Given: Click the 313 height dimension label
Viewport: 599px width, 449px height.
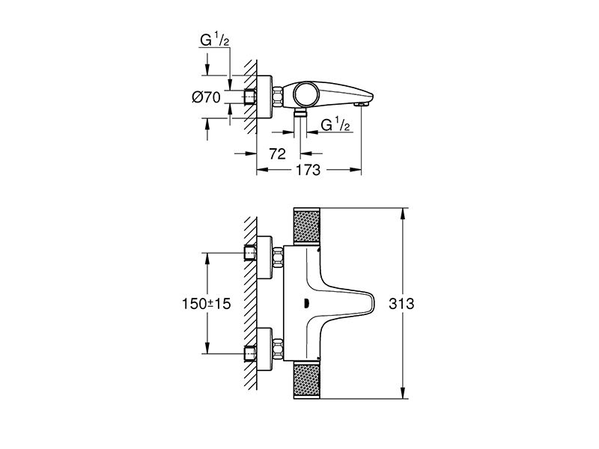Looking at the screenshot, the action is pos(401,304).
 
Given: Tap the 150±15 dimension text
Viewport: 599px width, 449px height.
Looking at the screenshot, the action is pos(207,304).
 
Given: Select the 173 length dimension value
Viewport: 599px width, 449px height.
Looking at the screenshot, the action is pos(308,170).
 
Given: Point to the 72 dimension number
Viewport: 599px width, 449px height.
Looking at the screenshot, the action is pos(277,154).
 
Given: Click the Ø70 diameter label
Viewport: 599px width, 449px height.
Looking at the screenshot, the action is pos(207,98).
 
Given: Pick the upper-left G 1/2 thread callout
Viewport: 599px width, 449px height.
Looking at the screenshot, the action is pos(215,40).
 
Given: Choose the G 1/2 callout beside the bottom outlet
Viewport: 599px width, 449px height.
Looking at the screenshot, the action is pos(335,124).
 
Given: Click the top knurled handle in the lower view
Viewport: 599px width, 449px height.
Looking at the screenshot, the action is pos(306,225).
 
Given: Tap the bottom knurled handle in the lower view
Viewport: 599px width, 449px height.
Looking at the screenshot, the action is pos(306,382).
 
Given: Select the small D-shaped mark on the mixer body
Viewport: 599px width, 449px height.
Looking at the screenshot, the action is pos(305,304).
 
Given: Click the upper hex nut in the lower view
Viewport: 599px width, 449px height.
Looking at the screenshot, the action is pos(278,257).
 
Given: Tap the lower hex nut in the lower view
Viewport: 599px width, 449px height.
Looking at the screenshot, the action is pos(278,349).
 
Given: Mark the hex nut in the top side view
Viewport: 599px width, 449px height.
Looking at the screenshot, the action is pos(278,97).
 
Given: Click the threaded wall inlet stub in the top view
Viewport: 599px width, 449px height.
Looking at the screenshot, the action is pos(250,97).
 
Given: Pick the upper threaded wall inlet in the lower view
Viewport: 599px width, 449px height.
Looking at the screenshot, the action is pos(250,254).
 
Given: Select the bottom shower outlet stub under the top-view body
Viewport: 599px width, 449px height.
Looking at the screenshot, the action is pos(300,113).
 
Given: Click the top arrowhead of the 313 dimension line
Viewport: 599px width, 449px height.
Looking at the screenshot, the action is pos(402,213).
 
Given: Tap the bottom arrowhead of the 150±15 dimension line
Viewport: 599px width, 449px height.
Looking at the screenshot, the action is pos(207,348).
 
